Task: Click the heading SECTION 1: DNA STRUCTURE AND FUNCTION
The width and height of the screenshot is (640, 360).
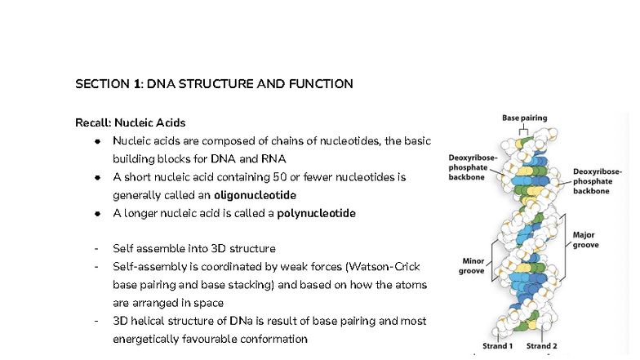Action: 214,84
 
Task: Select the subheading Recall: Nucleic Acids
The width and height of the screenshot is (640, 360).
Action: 130,123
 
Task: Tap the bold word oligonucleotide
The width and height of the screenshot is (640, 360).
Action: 255,196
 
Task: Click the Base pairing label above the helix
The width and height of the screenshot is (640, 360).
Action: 524,118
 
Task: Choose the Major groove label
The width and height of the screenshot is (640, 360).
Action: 585,240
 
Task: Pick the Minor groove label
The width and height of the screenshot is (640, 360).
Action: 471,266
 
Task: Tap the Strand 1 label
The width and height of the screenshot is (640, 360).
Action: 497,346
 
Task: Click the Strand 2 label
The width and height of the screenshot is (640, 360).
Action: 542,346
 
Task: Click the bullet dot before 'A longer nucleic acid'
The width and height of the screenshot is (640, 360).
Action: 96,214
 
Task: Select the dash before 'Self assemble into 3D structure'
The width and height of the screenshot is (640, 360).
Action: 96,249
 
